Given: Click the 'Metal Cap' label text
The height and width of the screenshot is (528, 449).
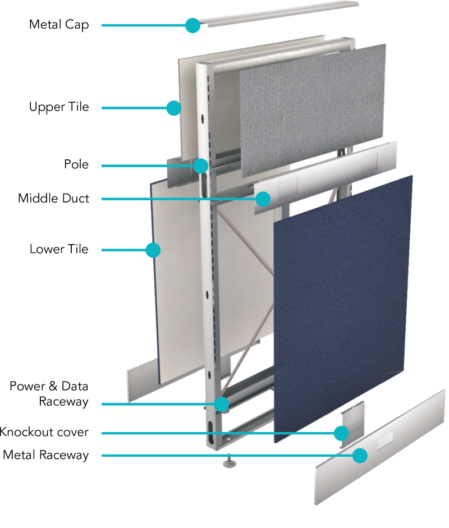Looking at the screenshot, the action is coord(59,25).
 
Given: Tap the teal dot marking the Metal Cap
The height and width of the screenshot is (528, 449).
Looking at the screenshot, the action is coord(193,25).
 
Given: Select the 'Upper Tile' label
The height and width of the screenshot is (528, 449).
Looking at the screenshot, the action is coord(59,107).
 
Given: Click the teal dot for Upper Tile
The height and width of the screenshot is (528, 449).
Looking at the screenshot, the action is coord(174,108).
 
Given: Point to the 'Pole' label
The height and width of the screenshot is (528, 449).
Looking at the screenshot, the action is coord(76,164).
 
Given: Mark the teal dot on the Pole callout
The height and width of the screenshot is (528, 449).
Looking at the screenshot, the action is coord(201,166).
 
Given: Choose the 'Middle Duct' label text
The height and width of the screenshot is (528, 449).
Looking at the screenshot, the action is coord(53,198).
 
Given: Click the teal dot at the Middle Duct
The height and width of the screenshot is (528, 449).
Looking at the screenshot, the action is coord(263,199).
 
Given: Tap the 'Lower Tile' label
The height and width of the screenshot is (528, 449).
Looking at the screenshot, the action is coord(59,249).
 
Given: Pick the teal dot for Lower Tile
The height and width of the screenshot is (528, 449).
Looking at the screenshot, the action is coord(153,250).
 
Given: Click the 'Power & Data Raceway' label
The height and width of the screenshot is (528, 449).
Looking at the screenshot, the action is coord(49,394).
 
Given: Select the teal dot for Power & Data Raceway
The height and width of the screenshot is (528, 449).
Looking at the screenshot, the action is coord(221,404).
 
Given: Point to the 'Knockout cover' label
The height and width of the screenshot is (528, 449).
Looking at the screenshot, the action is coord(44,432).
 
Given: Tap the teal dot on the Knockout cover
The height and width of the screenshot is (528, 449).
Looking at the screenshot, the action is coord(341,433).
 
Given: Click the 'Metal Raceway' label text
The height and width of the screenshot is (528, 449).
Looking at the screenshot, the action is coord(46,455).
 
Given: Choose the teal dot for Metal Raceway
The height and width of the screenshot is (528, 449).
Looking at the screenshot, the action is coord(360,456).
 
